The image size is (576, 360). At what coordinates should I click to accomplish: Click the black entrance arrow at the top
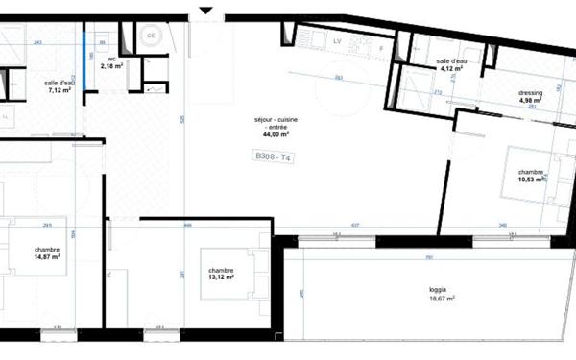click(x=204, y=11)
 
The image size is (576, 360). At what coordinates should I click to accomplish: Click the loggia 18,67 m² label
click(x=442, y=294)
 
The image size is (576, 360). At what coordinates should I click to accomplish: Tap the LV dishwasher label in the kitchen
click(x=337, y=42)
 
